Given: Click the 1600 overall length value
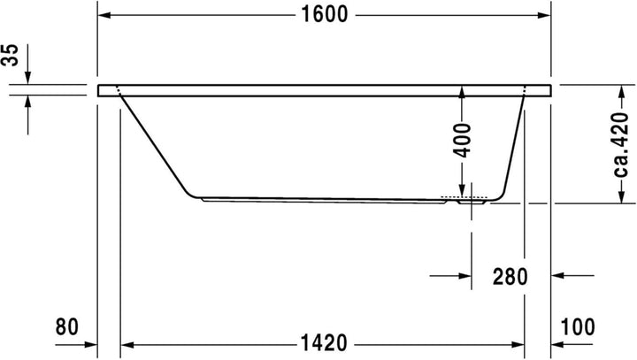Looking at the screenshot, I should coord(324,15).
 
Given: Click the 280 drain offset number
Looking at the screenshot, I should coord(510,276).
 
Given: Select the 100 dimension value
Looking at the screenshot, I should coord(578,326).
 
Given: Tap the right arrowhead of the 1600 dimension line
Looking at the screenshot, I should coord(544,16).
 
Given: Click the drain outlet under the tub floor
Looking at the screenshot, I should coord(468,202).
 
